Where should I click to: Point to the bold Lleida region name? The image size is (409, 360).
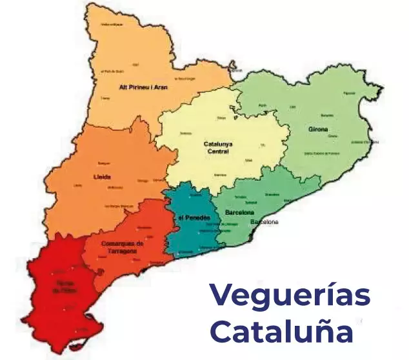click(103, 177)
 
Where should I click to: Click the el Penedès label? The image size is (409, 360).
click(194, 218)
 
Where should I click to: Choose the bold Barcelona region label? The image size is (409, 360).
click(239, 212)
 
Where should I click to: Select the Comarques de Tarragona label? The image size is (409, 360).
click(123, 247)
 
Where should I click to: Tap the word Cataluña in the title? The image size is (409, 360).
click(282, 332)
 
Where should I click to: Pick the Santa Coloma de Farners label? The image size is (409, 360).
click(322, 154)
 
